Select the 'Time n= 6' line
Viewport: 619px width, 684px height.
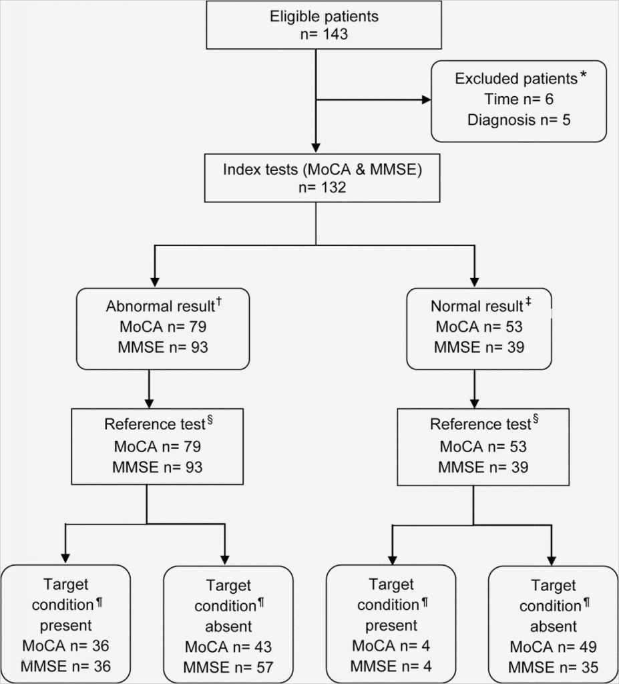pos(518,100)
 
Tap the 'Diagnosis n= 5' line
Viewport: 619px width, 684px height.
pos(518,120)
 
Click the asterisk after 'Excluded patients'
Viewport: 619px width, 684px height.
pos(583,75)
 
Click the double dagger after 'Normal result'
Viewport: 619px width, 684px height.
pos(528,303)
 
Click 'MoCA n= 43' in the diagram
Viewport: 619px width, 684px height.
pos(228,647)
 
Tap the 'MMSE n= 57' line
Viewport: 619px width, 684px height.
pos(228,667)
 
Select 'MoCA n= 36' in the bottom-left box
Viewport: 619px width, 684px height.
pos(65,646)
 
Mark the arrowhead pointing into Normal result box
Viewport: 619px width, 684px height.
pos(473,281)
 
